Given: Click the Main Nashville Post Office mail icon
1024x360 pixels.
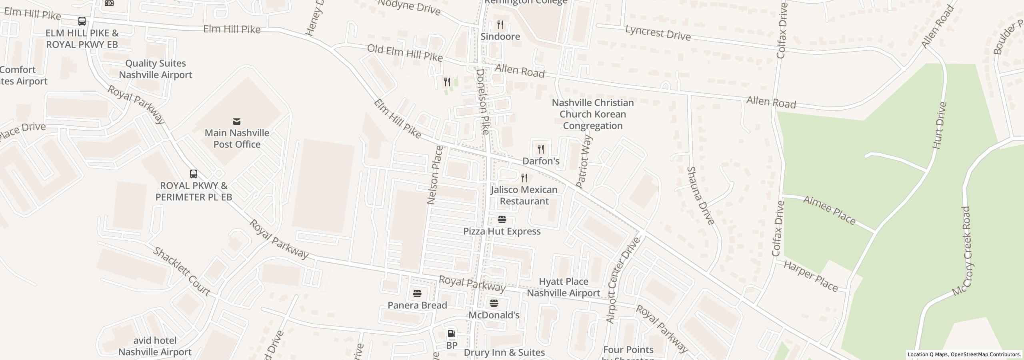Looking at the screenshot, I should [237, 121].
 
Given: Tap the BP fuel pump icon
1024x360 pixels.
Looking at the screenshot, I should [451, 333].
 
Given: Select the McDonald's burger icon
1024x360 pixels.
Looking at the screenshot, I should [494, 303].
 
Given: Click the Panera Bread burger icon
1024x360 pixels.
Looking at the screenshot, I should [417, 294].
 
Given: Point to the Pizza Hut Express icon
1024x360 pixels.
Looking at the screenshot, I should [502, 219].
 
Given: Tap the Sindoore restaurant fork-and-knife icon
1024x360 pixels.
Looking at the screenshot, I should [500, 25].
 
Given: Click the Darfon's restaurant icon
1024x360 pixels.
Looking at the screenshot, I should [541, 149].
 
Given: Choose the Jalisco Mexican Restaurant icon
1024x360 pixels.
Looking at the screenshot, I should [524, 178].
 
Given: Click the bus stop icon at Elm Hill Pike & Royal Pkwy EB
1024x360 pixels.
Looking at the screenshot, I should [82, 21].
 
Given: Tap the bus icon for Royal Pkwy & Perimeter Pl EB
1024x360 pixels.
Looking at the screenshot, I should [194, 174].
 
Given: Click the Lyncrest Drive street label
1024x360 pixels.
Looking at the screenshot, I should [658, 33].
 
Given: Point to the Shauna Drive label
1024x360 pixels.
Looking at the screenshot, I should [700, 196].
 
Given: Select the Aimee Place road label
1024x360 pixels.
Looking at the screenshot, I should [829, 210].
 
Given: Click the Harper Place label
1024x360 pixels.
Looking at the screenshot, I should [810, 276].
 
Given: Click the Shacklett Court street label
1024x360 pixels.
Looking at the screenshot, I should [182, 271].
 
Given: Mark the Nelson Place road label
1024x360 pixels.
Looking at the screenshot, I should [435, 175].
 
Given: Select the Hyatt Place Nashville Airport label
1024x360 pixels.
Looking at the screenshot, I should [563, 287].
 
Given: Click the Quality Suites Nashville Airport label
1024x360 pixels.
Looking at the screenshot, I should [155, 69].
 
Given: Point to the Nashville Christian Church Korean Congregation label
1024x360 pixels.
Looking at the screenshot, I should [592, 114].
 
